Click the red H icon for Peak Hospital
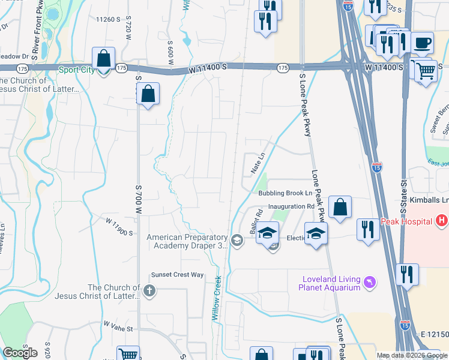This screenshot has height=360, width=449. [x=442, y=221]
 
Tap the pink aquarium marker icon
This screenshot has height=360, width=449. [x=370, y=281]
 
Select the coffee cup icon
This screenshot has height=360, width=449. [x=423, y=43]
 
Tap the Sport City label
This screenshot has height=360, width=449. [x=77, y=70]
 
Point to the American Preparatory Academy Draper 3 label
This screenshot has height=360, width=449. [x=188, y=241]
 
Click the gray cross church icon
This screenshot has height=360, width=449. [x=149, y=291]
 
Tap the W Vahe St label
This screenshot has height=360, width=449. [x=117, y=326]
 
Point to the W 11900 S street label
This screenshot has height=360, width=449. [x=119, y=227]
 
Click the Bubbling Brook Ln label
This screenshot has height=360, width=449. [x=286, y=194]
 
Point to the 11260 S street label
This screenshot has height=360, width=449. [x=109, y=19]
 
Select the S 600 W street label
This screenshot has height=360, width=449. [x=171, y=49]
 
